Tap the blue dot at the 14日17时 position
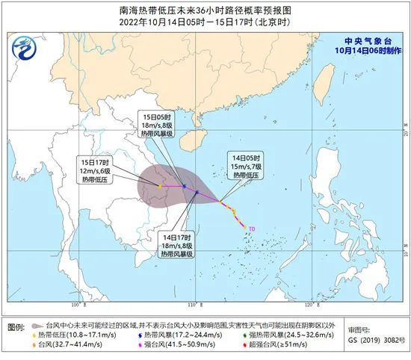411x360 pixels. [196, 192]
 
